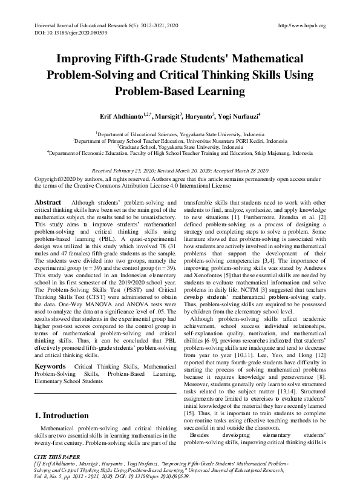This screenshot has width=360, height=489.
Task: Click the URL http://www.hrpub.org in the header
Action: [301, 25]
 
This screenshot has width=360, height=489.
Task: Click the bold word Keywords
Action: [51, 350]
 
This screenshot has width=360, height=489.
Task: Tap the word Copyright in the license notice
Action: [47, 180]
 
